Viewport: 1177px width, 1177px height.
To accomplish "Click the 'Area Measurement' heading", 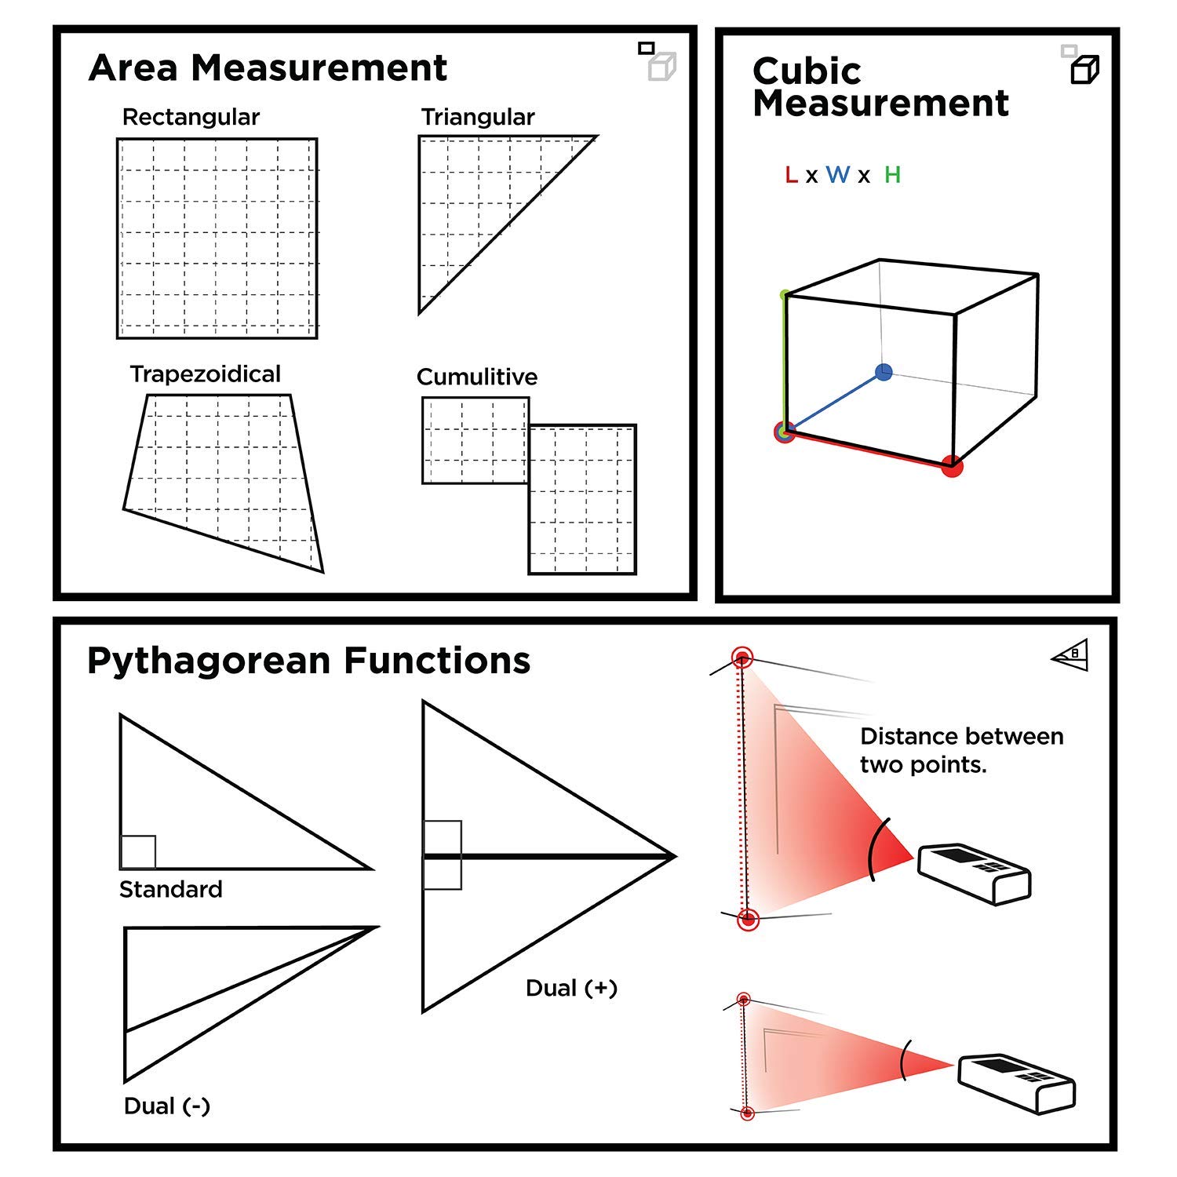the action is [x=268, y=67].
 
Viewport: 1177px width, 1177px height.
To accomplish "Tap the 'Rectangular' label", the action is [x=191, y=118].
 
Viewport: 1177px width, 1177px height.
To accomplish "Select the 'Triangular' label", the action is [x=478, y=118].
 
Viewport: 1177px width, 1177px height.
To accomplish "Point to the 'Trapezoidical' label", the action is [x=205, y=374].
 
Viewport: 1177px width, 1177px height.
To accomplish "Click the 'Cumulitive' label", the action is [x=477, y=377].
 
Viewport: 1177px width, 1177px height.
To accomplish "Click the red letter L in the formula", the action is [x=791, y=175].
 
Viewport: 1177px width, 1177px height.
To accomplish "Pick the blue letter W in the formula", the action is [x=838, y=175].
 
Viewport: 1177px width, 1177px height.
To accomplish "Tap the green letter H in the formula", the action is [x=892, y=175].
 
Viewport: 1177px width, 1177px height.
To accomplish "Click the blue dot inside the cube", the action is [x=884, y=372].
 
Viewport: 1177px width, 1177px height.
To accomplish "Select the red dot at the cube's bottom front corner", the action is [x=952, y=467].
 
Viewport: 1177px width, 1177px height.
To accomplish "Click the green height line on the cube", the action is [x=784, y=362].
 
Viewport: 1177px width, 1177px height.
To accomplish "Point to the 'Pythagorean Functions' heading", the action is [x=308, y=661].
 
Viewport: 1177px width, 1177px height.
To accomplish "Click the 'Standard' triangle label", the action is [x=170, y=889].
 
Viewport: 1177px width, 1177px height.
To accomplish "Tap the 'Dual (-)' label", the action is [x=166, y=1106].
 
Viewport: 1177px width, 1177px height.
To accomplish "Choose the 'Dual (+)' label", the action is [x=571, y=988].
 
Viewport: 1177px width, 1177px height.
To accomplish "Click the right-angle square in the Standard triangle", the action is [x=138, y=852].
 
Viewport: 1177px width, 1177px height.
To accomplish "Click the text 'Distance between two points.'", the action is [x=962, y=750].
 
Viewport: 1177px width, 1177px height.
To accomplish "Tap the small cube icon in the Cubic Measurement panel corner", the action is [x=1085, y=70].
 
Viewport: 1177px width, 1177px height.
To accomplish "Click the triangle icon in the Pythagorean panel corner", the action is [x=1071, y=655].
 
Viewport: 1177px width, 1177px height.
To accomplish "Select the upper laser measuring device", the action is [x=974, y=873].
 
